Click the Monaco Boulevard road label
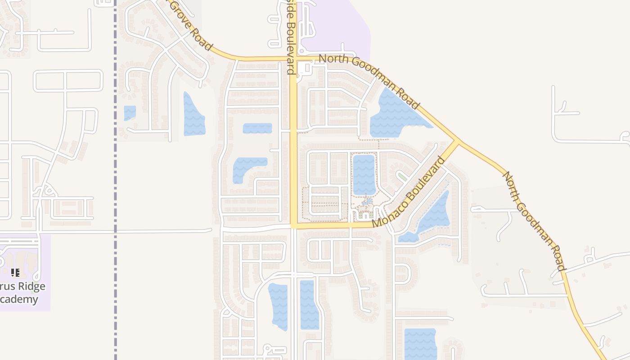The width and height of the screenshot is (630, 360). point(409,192)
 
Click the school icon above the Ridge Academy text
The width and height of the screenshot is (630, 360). point(15,272)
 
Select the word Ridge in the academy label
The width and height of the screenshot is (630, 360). point(31,287)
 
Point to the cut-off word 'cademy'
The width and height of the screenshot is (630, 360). point(19,299)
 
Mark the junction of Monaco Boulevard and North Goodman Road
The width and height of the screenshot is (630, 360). point(458,142)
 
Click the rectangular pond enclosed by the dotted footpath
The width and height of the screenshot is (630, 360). point(364,174)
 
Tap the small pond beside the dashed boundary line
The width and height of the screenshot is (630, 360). point(130,112)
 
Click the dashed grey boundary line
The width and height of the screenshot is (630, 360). point(115,180)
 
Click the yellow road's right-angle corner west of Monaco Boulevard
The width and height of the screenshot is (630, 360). point(293,225)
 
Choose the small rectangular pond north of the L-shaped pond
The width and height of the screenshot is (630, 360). point(257,128)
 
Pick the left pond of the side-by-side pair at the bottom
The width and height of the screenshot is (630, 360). point(278,306)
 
